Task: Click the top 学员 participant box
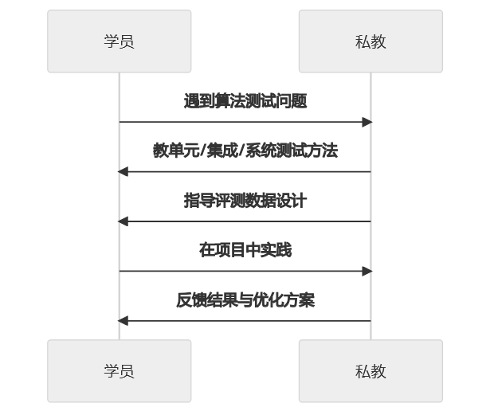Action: (x=119, y=41)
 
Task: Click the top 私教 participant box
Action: (x=370, y=41)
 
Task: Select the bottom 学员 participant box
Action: (x=119, y=371)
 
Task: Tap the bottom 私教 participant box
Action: (x=370, y=371)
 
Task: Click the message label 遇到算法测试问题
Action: (x=245, y=101)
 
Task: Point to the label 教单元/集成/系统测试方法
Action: (x=245, y=151)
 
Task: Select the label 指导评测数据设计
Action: (x=245, y=201)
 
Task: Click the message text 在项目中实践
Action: (x=245, y=250)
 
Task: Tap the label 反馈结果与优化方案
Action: (x=245, y=300)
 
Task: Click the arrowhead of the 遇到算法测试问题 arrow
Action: (x=367, y=122)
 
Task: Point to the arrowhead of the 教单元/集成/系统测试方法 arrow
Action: (x=123, y=171)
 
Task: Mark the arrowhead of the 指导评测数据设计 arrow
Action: (x=123, y=221)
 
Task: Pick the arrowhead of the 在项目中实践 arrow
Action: (x=367, y=271)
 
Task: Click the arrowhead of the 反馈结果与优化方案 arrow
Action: (x=123, y=321)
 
